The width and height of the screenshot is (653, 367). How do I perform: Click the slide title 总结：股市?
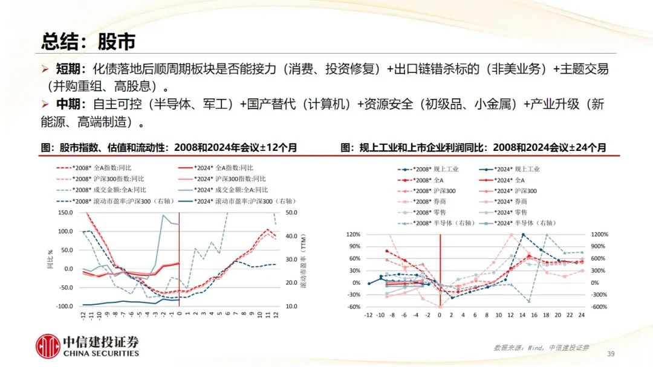88,41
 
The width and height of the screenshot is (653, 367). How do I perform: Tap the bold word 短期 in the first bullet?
71,69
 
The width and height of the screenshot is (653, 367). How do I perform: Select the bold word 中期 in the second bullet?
71,104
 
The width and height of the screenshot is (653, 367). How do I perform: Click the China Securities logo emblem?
48,346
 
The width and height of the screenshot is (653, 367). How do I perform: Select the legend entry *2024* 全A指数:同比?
223,168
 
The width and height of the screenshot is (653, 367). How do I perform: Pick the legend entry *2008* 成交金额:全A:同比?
108,190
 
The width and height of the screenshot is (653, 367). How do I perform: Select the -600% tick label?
598,307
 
